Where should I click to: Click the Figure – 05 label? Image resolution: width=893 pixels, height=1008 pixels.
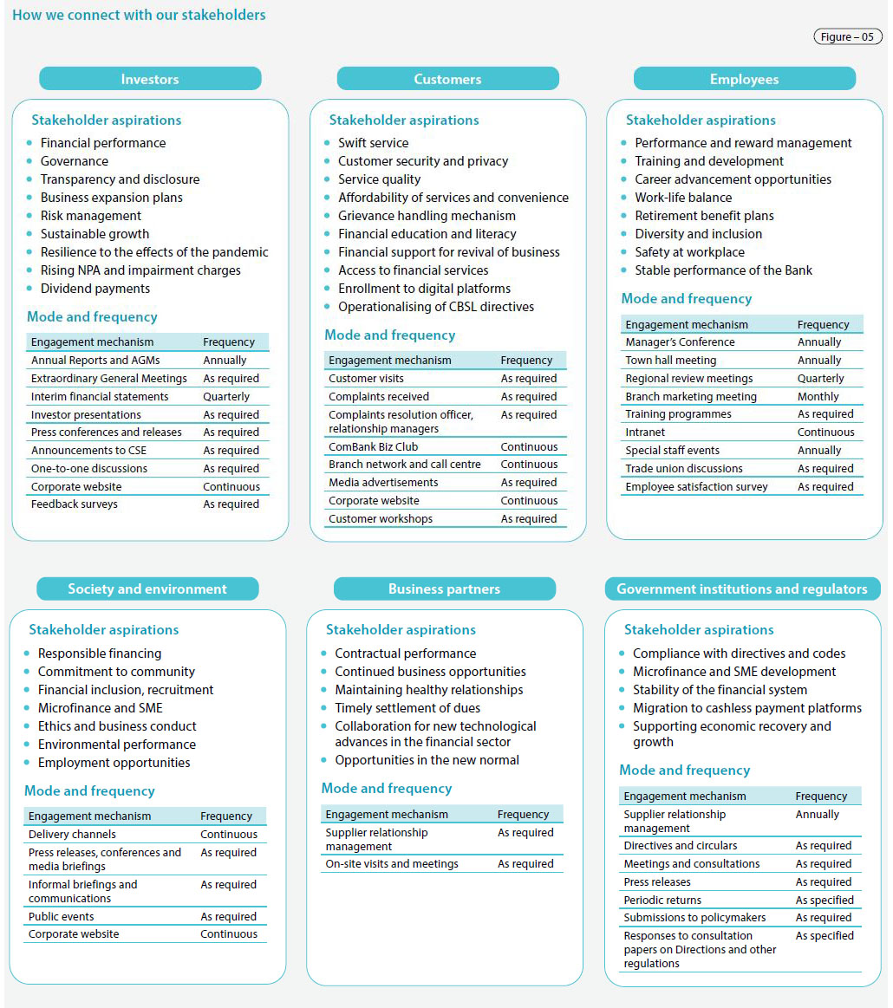847,37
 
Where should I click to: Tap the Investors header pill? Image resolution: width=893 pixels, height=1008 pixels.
150,79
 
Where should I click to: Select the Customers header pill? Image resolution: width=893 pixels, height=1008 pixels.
447,79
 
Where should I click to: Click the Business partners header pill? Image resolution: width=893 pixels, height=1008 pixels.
444,589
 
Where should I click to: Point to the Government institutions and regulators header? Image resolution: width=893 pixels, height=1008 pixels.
742,589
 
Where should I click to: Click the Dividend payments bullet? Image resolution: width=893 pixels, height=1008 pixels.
95,289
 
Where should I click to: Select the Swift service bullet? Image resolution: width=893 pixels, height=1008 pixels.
373,143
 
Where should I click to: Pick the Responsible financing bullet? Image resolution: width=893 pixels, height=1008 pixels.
100,654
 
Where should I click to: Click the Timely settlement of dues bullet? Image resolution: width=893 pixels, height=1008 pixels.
407,708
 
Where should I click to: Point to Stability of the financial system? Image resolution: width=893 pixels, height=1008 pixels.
720,690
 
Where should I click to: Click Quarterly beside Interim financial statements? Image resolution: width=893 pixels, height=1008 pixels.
226,397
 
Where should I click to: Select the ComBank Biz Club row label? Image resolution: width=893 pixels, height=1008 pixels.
373,447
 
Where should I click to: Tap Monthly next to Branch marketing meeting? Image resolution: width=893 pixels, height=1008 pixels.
818,397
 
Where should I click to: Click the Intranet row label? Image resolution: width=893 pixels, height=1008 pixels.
645,432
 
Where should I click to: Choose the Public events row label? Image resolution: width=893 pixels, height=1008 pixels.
62,917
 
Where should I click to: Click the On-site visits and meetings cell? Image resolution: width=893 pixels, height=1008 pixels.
392,864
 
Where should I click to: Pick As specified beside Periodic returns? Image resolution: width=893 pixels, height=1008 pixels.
825,901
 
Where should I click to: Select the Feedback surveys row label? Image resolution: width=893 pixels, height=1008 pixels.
75,504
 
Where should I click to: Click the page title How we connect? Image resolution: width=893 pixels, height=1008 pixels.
139,15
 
